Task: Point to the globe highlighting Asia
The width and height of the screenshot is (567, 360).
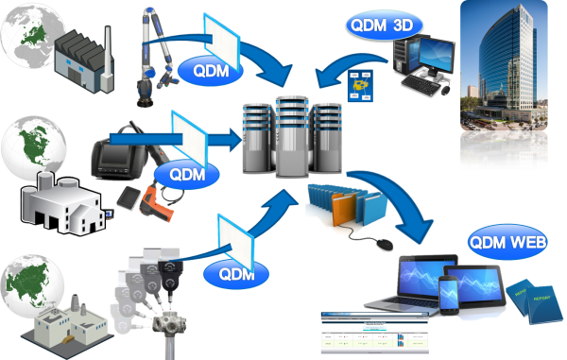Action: pos(29,276)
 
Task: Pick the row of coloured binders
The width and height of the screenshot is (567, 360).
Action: pos(339,203)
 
